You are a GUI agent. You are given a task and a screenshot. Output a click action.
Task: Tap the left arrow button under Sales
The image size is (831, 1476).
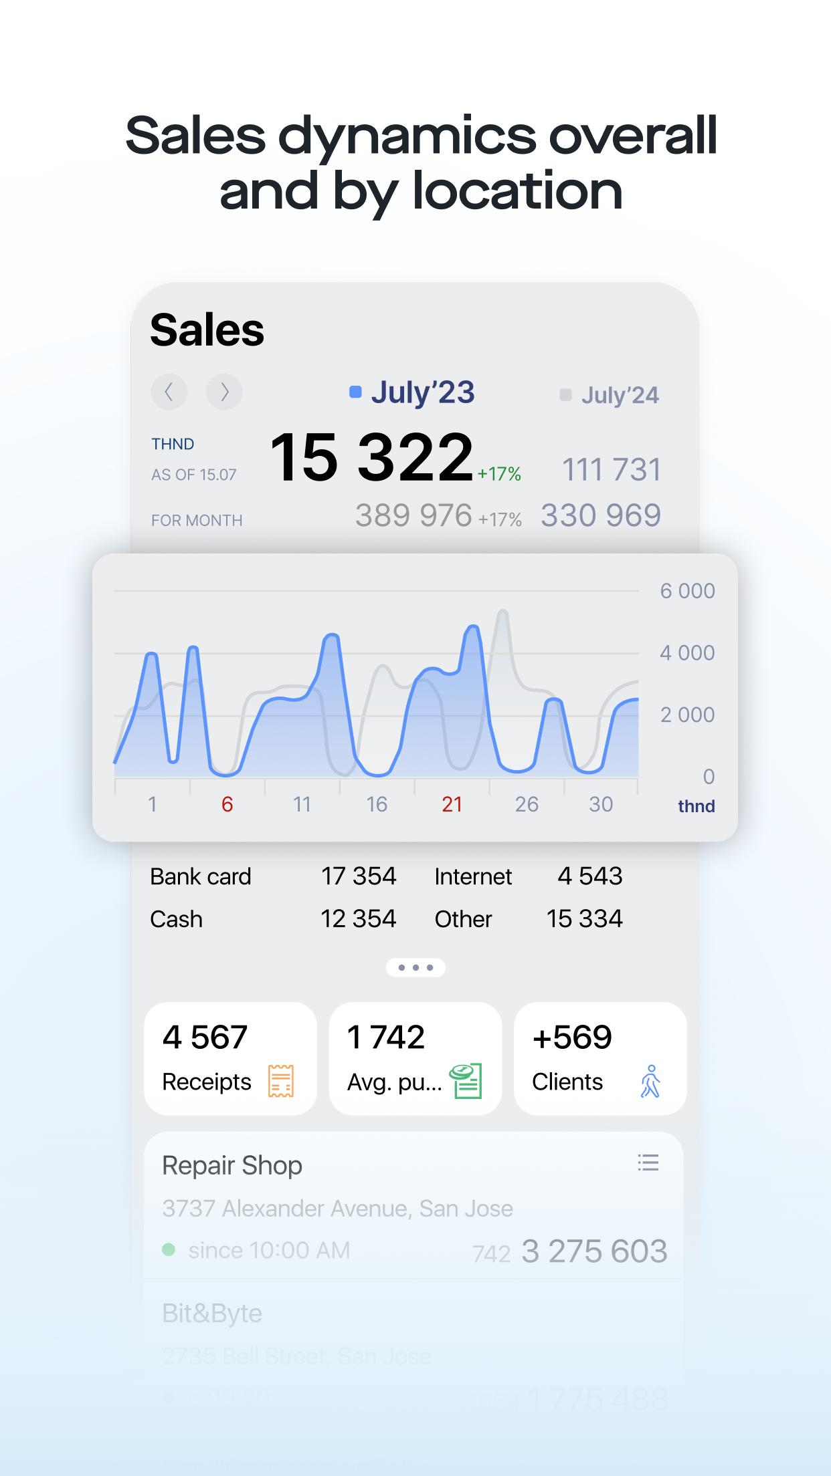pyautogui.click(x=169, y=392)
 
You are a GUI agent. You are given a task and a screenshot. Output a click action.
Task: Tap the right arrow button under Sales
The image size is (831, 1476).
pyautogui.click(x=224, y=392)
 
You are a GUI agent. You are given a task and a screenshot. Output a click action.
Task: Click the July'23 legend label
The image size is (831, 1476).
pyautogui.click(x=422, y=392)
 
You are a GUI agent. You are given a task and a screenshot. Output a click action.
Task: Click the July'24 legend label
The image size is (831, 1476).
pyautogui.click(x=619, y=395)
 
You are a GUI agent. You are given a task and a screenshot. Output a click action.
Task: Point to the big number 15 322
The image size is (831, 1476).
pyautogui.click(x=371, y=457)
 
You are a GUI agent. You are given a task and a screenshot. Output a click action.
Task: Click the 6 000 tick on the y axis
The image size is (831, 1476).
pyautogui.click(x=687, y=591)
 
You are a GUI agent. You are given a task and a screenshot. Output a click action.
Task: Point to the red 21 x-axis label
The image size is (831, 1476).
pyautogui.click(x=452, y=804)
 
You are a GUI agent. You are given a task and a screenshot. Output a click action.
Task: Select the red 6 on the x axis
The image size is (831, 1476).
pyautogui.click(x=227, y=804)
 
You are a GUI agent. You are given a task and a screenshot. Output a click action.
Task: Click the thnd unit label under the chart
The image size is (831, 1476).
pyautogui.click(x=696, y=806)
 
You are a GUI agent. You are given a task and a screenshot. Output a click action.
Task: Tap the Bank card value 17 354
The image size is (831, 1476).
pyautogui.click(x=359, y=876)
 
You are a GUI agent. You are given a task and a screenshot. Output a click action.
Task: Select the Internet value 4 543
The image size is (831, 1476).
pyautogui.click(x=590, y=876)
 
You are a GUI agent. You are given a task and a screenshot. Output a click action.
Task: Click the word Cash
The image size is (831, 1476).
pyautogui.click(x=176, y=919)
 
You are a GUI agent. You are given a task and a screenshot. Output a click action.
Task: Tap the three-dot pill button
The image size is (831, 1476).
pyautogui.click(x=415, y=967)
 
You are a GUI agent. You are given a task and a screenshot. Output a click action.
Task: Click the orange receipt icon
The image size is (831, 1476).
pyautogui.click(x=281, y=1081)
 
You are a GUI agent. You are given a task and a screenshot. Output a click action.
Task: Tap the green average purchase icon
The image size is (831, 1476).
pyautogui.click(x=466, y=1081)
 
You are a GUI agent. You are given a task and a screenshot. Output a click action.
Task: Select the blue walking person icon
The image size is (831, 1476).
pyautogui.click(x=650, y=1081)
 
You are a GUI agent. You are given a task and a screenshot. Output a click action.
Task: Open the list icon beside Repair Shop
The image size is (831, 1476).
pyautogui.click(x=648, y=1162)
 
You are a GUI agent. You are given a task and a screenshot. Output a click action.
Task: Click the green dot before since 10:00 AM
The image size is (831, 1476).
pyautogui.click(x=169, y=1249)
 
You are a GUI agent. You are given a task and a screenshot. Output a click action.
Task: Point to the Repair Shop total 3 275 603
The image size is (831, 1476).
pyautogui.click(x=594, y=1251)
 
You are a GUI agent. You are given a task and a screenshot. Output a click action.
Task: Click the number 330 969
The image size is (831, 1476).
pyautogui.click(x=600, y=515)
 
